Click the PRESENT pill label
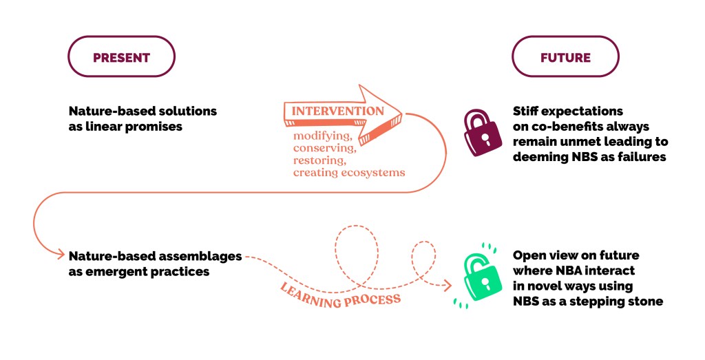click(x=121, y=57)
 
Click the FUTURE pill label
click(x=565, y=57)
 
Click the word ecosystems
click(x=375, y=172)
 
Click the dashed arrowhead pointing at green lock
click(x=449, y=283)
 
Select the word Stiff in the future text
click(x=527, y=111)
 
